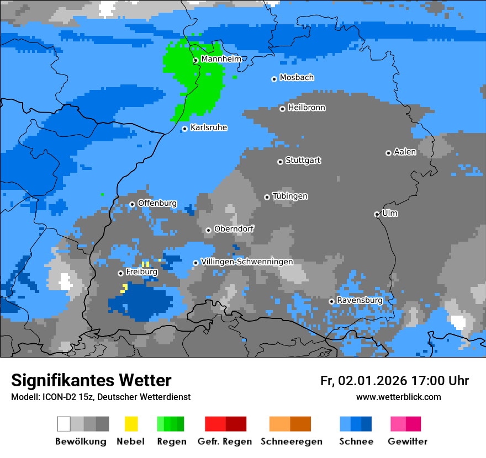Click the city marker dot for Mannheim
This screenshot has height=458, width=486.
click(196, 61)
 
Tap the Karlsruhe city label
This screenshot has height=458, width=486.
click(209, 127)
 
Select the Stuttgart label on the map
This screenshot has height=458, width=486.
click(303, 161)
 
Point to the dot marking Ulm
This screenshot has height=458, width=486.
click(377, 214)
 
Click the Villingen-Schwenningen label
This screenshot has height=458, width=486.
click(247, 262)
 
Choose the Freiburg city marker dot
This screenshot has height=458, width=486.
click(120, 273)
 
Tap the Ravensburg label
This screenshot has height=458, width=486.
click(360, 300)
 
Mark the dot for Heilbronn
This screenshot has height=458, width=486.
click(282, 109)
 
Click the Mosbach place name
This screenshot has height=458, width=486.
click(297, 78)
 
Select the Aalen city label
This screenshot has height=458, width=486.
click(405, 152)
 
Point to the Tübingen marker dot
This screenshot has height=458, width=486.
click(267, 197)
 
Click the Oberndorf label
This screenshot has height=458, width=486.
click(234, 228)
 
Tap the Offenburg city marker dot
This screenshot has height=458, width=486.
click(132, 204)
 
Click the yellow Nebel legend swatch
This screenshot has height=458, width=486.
click(131, 424)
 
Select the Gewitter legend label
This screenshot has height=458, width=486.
click(408, 441)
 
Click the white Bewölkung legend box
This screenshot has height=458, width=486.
click(64, 424)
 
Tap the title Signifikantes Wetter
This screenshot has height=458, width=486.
click(91, 380)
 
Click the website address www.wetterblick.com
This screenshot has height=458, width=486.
click(398, 397)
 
